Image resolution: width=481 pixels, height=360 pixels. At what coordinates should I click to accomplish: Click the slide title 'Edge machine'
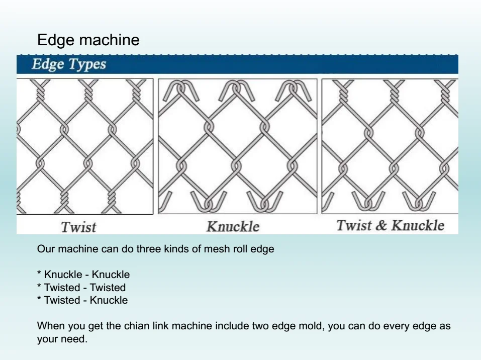pyautogui.click(x=88, y=40)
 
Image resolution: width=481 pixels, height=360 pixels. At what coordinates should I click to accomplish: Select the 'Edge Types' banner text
pyautogui.click(x=69, y=65)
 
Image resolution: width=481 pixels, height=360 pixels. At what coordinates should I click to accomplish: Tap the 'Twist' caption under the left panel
pyautogui.click(x=78, y=227)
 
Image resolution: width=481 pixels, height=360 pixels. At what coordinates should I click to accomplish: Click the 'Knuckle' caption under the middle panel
pyautogui.click(x=233, y=227)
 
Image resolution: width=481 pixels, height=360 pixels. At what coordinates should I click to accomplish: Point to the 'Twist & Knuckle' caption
pyautogui.click(x=390, y=225)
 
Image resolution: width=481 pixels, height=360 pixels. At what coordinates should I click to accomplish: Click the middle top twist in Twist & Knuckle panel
pyautogui.click(x=392, y=91)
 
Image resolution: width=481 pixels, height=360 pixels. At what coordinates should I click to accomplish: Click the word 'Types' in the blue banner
pyautogui.click(x=88, y=65)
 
